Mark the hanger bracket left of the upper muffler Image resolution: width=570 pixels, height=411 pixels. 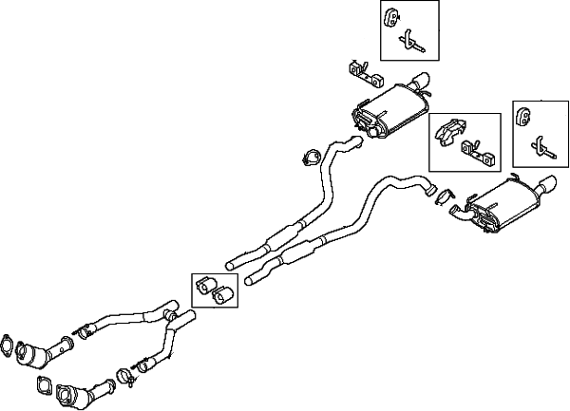[361, 69]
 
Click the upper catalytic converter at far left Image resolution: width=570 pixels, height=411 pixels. [35, 356]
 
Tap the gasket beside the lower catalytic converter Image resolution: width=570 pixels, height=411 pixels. [43, 384]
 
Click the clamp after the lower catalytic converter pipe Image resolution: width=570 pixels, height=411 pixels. [124, 381]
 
